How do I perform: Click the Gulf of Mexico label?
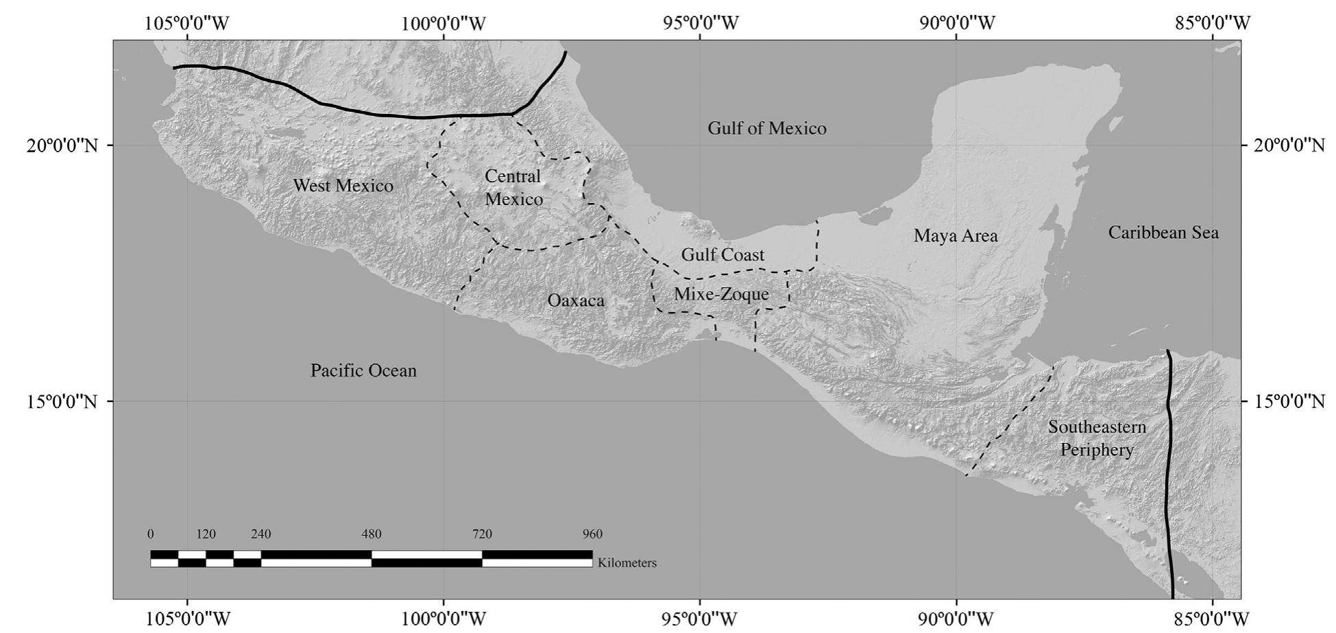[766, 128]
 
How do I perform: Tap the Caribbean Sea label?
[1163, 232]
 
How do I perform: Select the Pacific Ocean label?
[363, 371]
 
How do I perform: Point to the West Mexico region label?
[343, 186]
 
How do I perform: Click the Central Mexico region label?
[513, 188]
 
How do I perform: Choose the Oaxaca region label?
[576, 300]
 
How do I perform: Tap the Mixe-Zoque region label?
[721, 294]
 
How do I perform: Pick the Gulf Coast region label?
[722, 255]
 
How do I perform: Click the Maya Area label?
[956, 236]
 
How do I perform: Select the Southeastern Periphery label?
[1097, 438]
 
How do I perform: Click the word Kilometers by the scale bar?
[627, 563]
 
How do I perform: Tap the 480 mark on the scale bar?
[372, 534]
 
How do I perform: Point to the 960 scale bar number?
[592, 534]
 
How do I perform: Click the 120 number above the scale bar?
[206, 534]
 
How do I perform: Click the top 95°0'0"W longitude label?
[701, 23]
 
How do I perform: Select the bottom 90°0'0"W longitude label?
[956, 619]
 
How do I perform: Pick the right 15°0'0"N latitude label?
[1289, 401]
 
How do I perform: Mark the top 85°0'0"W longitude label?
[1213, 23]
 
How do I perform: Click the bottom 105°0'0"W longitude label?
[187, 619]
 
